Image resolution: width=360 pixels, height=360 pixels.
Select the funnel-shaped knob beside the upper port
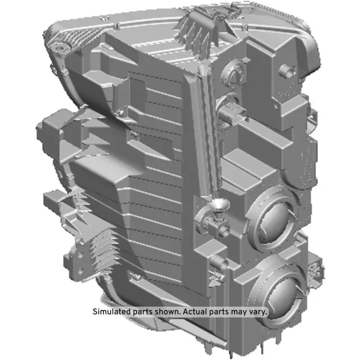[217, 208]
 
